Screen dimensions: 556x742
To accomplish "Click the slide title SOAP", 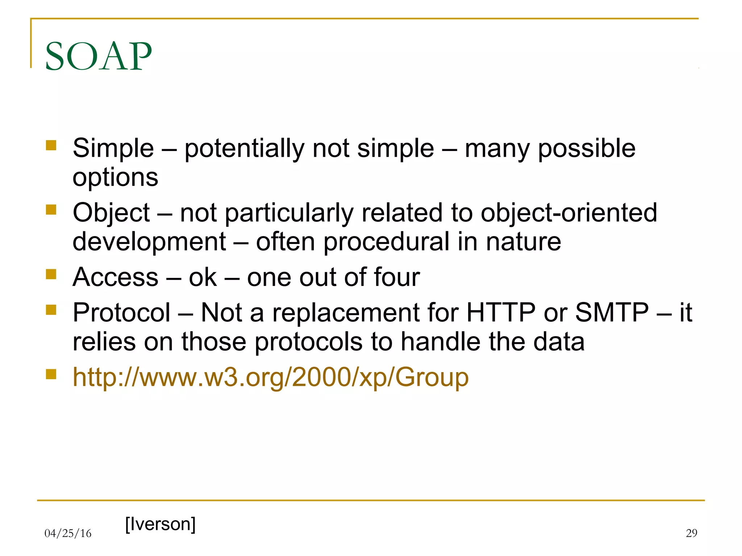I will [98, 56].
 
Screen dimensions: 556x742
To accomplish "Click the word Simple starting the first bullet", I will [113, 148].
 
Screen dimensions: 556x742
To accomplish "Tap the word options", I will [115, 177].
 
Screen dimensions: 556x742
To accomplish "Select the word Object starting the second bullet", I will [111, 213].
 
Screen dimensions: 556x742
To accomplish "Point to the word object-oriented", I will [568, 213].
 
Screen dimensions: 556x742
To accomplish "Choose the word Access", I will [115, 277].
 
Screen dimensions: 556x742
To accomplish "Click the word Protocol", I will [121, 312].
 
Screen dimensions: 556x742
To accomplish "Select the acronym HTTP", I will [500, 312].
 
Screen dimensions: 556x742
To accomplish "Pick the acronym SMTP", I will [612, 312].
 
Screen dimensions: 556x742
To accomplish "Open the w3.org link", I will [270, 377].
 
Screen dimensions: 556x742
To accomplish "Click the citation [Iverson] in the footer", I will [160, 524].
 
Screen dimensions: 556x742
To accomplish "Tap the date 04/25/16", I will [68, 533].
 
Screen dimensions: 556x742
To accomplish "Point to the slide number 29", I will [691, 533].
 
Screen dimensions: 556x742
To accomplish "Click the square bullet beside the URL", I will [51, 374].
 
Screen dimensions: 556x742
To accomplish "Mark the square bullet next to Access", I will [51, 274].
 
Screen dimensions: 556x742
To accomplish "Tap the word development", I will [149, 241].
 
